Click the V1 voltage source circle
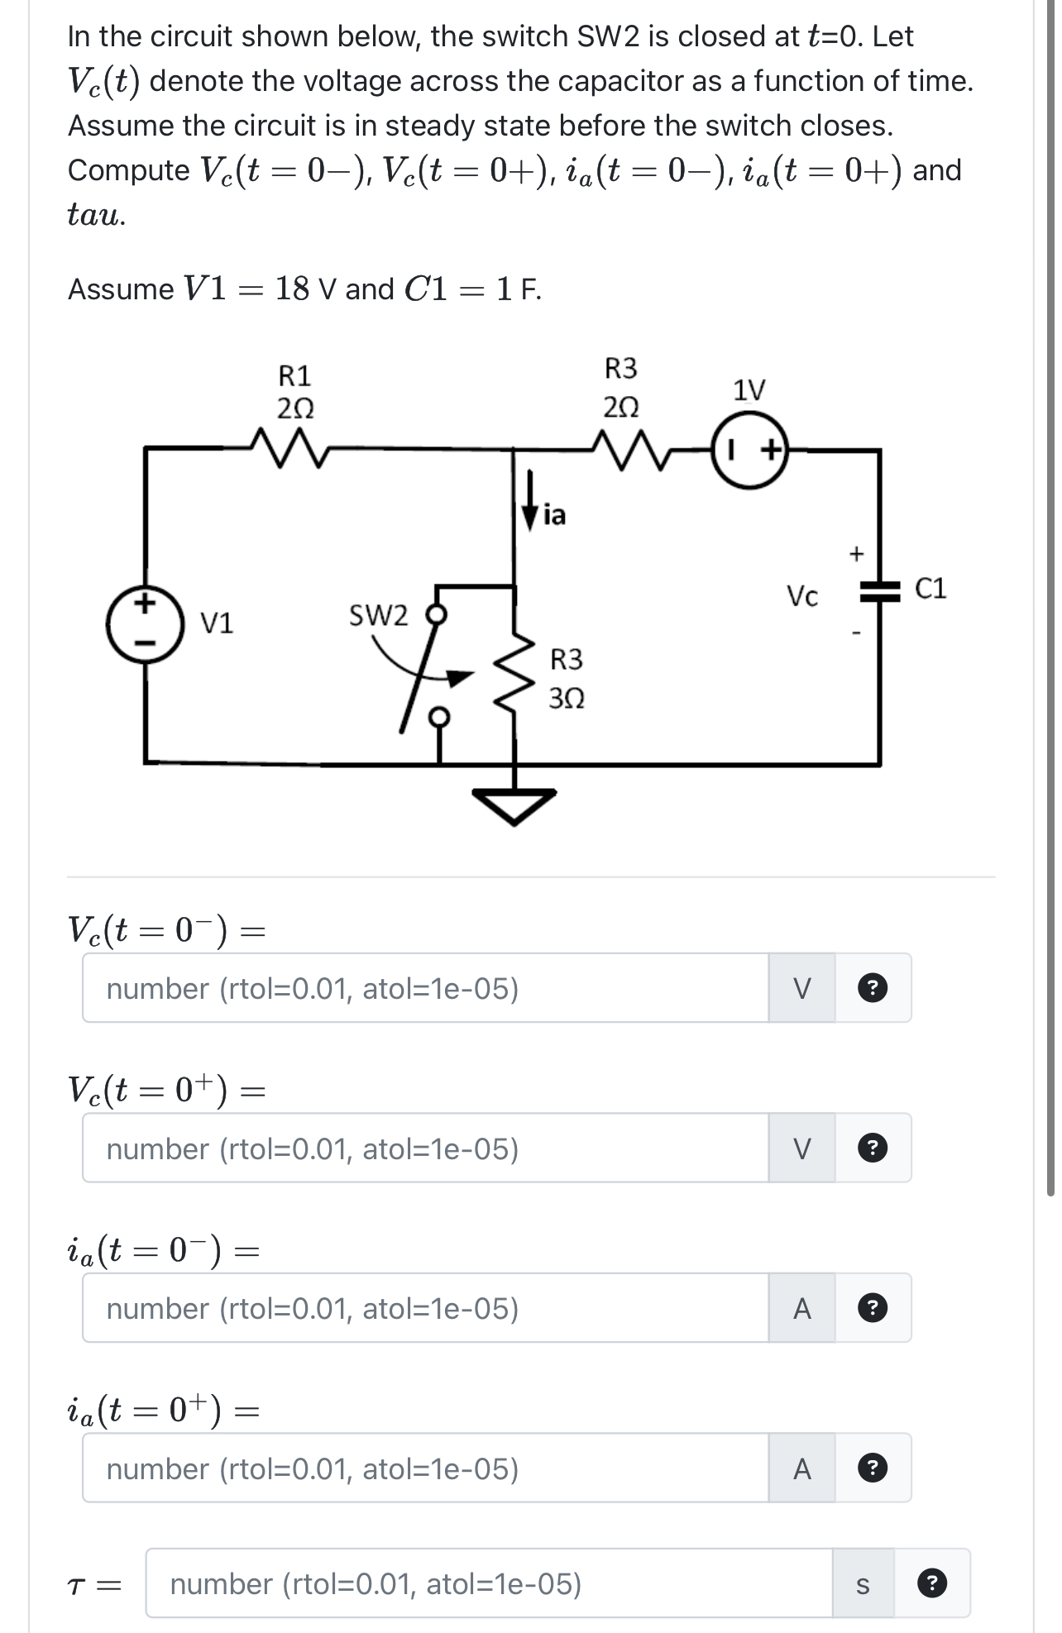(145, 624)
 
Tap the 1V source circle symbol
(750, 451)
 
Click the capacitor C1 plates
(878, 590)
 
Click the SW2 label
(378, 616)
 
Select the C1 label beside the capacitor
(930, 589)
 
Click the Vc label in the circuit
(801, 595)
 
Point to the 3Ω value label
(567, 699)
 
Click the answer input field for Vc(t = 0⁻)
(425, 988)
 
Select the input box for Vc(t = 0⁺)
(425, 1148)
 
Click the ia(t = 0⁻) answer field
(425, 1308)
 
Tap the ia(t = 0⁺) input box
(425, 1468)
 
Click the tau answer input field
(488, 1583)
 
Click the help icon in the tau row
(932, 1583)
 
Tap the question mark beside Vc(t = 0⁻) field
(873, 988)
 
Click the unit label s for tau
(863, 1584)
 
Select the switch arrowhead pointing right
(457, 676)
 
